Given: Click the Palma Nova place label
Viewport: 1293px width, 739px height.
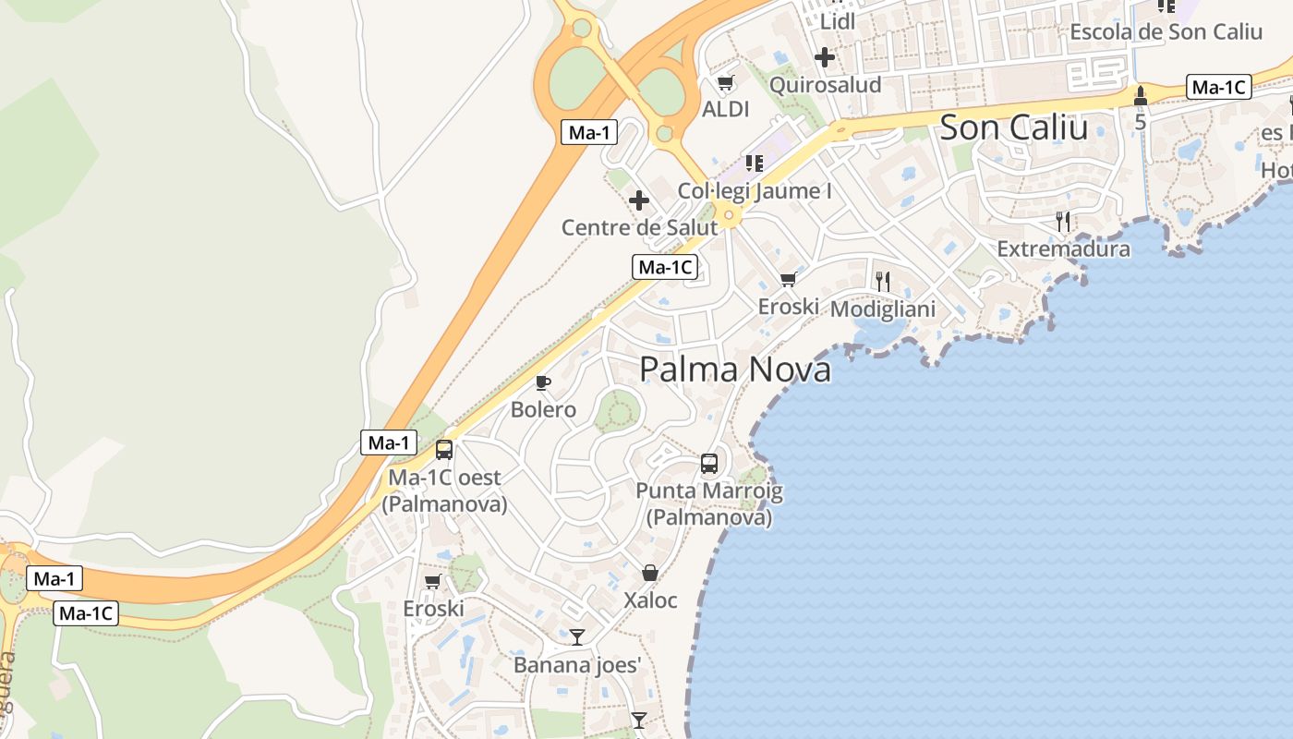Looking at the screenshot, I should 735,369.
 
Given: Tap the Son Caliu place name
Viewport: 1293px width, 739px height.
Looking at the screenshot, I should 1013,127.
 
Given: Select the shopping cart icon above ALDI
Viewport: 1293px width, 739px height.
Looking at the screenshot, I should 725,83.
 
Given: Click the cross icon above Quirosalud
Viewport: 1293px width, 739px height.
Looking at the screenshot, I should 825,57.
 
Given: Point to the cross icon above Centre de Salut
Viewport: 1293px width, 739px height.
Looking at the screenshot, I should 638,200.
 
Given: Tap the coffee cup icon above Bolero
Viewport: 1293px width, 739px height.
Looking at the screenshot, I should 543,382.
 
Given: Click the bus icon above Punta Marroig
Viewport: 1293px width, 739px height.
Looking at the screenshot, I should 709,464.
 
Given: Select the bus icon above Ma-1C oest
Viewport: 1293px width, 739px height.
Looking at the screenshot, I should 444,450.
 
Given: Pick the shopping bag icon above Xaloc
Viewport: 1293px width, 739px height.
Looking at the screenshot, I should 650,573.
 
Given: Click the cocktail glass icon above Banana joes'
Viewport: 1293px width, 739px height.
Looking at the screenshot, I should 577,636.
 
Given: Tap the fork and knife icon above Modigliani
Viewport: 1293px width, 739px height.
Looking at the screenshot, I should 883,281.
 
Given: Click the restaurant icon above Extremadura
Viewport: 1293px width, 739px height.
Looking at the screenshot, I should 1063,221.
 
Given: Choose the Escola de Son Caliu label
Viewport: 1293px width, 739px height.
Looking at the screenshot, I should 1166,31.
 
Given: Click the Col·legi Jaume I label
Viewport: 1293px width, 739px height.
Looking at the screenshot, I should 755,191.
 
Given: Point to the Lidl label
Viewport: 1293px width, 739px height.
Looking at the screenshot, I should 838,20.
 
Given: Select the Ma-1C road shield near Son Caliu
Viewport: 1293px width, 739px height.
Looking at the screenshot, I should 1218,88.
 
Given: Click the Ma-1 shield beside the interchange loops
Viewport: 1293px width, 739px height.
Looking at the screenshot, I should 589,132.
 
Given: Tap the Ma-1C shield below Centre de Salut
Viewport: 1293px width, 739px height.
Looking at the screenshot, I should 665,267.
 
